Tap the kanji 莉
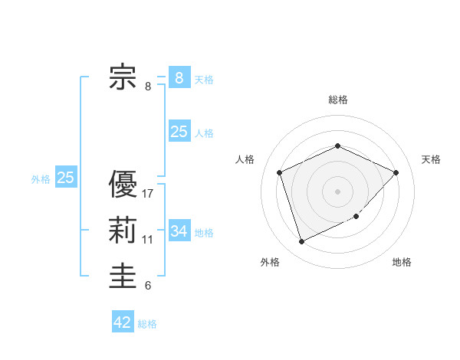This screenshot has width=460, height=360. [x=123, y=231]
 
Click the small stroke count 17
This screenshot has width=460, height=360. [x=148, y=194]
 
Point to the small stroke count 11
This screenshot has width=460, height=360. [x=148, y=240]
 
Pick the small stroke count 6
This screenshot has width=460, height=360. [x=148, y=286]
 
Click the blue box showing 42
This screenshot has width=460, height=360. [x=123, y=322]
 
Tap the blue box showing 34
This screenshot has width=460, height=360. [x=179, y=231]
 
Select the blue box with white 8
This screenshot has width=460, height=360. [x=179, y=77]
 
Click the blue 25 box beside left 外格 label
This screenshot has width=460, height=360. [x=66, y=178]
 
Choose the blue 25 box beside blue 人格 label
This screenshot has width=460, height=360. [x=179, y=132]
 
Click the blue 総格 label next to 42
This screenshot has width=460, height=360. [x=147, y=324]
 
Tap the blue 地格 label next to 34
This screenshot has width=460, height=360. [x=204, y=232]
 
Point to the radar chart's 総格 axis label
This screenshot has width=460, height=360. [x=337, y=100]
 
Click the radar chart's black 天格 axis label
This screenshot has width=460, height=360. [x=431, y=159]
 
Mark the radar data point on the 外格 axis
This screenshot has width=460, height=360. [x=301, y=242]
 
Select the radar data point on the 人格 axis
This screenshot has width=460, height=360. [x=280, y=172]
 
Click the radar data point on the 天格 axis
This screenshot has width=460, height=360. [x=396, y=172]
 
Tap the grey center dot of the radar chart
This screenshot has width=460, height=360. [x=337, y=191]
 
